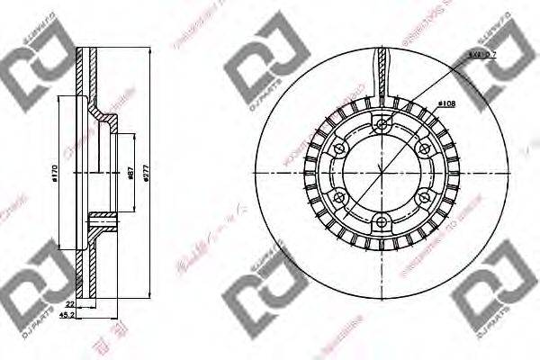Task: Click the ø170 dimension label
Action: click(56, 175)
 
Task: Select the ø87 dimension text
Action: click(132, 174)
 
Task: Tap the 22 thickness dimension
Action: click(69, 304)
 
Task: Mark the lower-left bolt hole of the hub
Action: click(339, 197)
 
